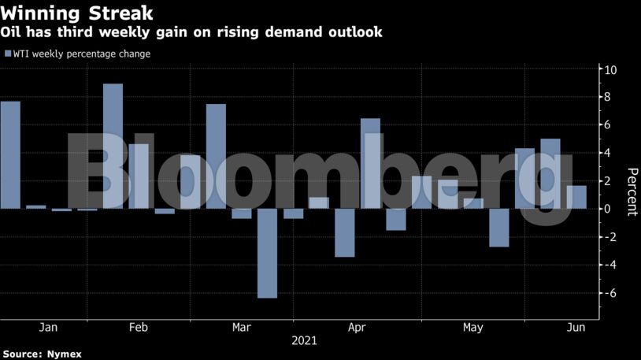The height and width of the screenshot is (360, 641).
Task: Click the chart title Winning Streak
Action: coord(76,13)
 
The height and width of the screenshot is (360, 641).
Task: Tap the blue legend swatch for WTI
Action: coord(7,54)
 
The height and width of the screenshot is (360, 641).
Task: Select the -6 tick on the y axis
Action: coord(610,293)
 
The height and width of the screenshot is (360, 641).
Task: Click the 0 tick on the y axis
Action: coord(608,209)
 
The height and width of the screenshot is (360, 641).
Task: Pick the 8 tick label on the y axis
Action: coord(608,98)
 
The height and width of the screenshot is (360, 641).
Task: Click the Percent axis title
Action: coord(632,192)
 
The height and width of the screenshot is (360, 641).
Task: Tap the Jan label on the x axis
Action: coord(48,327)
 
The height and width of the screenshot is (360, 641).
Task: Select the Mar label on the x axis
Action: coord(242,327)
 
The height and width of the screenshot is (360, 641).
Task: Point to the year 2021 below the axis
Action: coord(304,341)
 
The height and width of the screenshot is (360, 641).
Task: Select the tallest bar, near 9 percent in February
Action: coord(113,147)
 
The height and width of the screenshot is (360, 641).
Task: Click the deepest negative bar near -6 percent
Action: coord(267,253)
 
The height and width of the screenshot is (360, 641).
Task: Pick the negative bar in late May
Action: coord(498,228)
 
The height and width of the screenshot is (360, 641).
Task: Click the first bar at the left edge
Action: coord(10,155)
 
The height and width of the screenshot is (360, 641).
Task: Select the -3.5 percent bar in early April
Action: coord(344,232)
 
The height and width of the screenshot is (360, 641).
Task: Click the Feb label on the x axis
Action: coord(139,327)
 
